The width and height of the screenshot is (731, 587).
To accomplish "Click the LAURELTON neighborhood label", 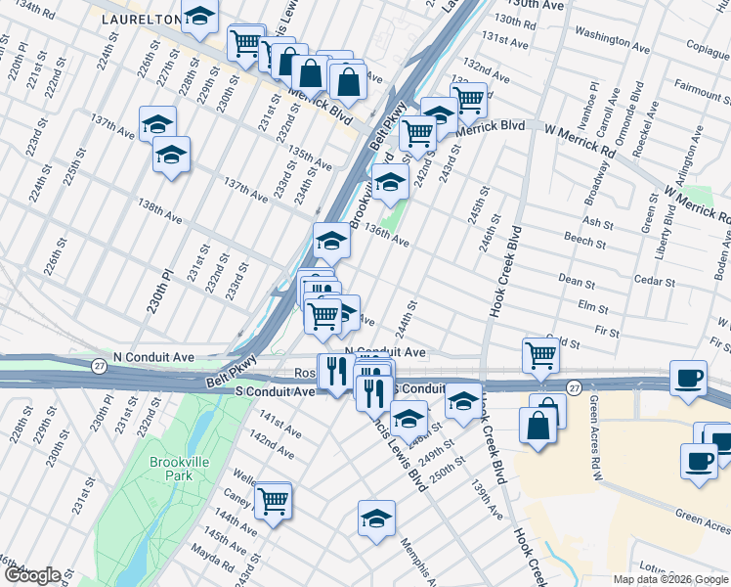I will point(138,19).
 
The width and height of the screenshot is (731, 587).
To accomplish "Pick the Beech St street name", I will point(585,239).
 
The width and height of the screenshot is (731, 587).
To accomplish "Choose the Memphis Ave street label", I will point(423,558).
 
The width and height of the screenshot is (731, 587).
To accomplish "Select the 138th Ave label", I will point(160,208).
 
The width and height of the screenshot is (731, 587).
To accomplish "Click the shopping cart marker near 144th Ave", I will point(273,501).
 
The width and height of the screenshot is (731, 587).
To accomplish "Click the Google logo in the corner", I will point(31,575).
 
